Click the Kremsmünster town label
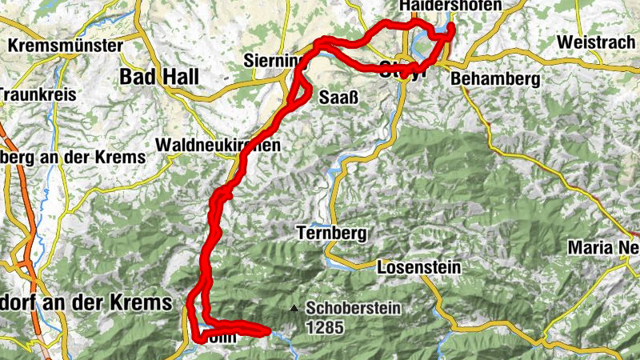click(x=66, y=46)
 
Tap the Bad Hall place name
click(x=158, y=76)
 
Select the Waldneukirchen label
click(x=219, y=145)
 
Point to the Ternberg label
click(x=330, y=234)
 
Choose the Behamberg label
click(x=496, y=79)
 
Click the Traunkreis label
click(x=37, y=94)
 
